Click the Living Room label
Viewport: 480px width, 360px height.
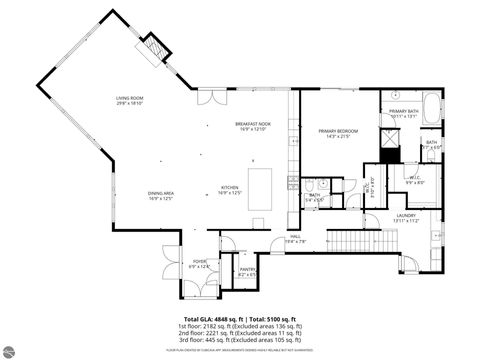(x=128, y=100)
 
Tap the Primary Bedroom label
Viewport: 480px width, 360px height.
(x=338, y=133)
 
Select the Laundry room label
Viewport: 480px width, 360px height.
(x=405, y=217)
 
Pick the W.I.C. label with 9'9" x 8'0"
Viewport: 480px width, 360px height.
(x=389, y=181)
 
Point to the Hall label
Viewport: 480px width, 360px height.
(x=295, y=239)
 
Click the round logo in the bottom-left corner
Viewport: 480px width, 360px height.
(x=13, y=348)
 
